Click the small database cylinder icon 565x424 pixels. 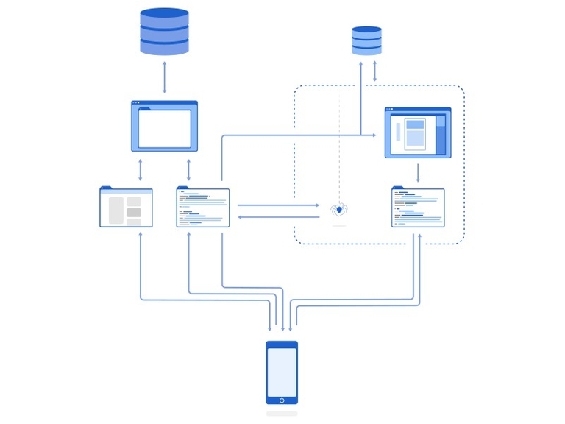coord(366,40)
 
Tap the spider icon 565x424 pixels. coord(338,210)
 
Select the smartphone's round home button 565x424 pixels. coord(282,400)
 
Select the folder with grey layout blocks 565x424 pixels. coord(126,208)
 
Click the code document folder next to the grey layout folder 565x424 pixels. coord(202,208)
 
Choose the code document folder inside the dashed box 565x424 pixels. coord(418,208)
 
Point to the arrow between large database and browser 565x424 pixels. coord(164,77)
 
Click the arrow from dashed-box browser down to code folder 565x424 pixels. coord(418,173)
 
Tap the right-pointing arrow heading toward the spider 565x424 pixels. coord(280,205)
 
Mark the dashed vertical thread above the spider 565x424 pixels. coord(338,147)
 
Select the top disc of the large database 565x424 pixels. coord(164,13)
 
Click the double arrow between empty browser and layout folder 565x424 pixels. coord(140,170)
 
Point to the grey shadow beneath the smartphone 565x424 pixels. coord(282,414)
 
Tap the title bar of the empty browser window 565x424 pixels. coord(164,103)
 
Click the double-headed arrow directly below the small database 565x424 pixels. coord(375,72)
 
